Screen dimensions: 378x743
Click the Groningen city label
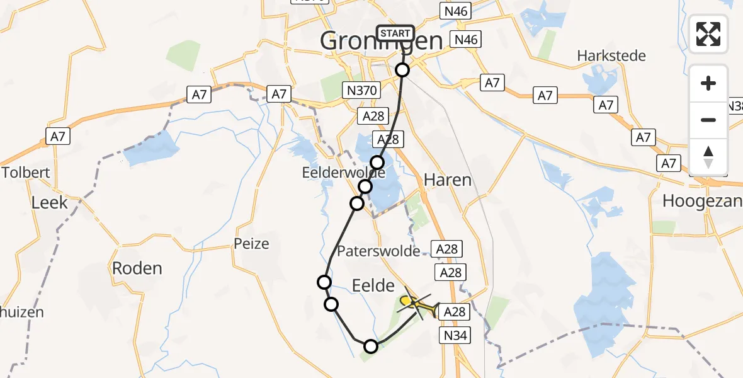click(382, 42)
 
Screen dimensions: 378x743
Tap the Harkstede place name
click(611, 56)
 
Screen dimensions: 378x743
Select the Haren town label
click(447, 180)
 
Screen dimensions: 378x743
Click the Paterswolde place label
click(378, 251)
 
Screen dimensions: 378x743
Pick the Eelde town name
click(374, 286)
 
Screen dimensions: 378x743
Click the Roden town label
click(137, 268)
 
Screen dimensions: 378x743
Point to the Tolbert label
click(26, 173)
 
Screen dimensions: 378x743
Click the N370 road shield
click(361, 91)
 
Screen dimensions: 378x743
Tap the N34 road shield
click(455, 336)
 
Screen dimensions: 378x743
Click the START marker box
click(395, 33)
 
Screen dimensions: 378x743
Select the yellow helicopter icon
click(416, 304)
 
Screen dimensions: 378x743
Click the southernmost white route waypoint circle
click(371, 346)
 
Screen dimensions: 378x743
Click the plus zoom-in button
click(708, 83)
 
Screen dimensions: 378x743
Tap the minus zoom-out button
click(708, 120)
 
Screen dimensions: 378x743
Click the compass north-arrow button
click(708, 157)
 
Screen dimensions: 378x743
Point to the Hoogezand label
click(702, 201)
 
